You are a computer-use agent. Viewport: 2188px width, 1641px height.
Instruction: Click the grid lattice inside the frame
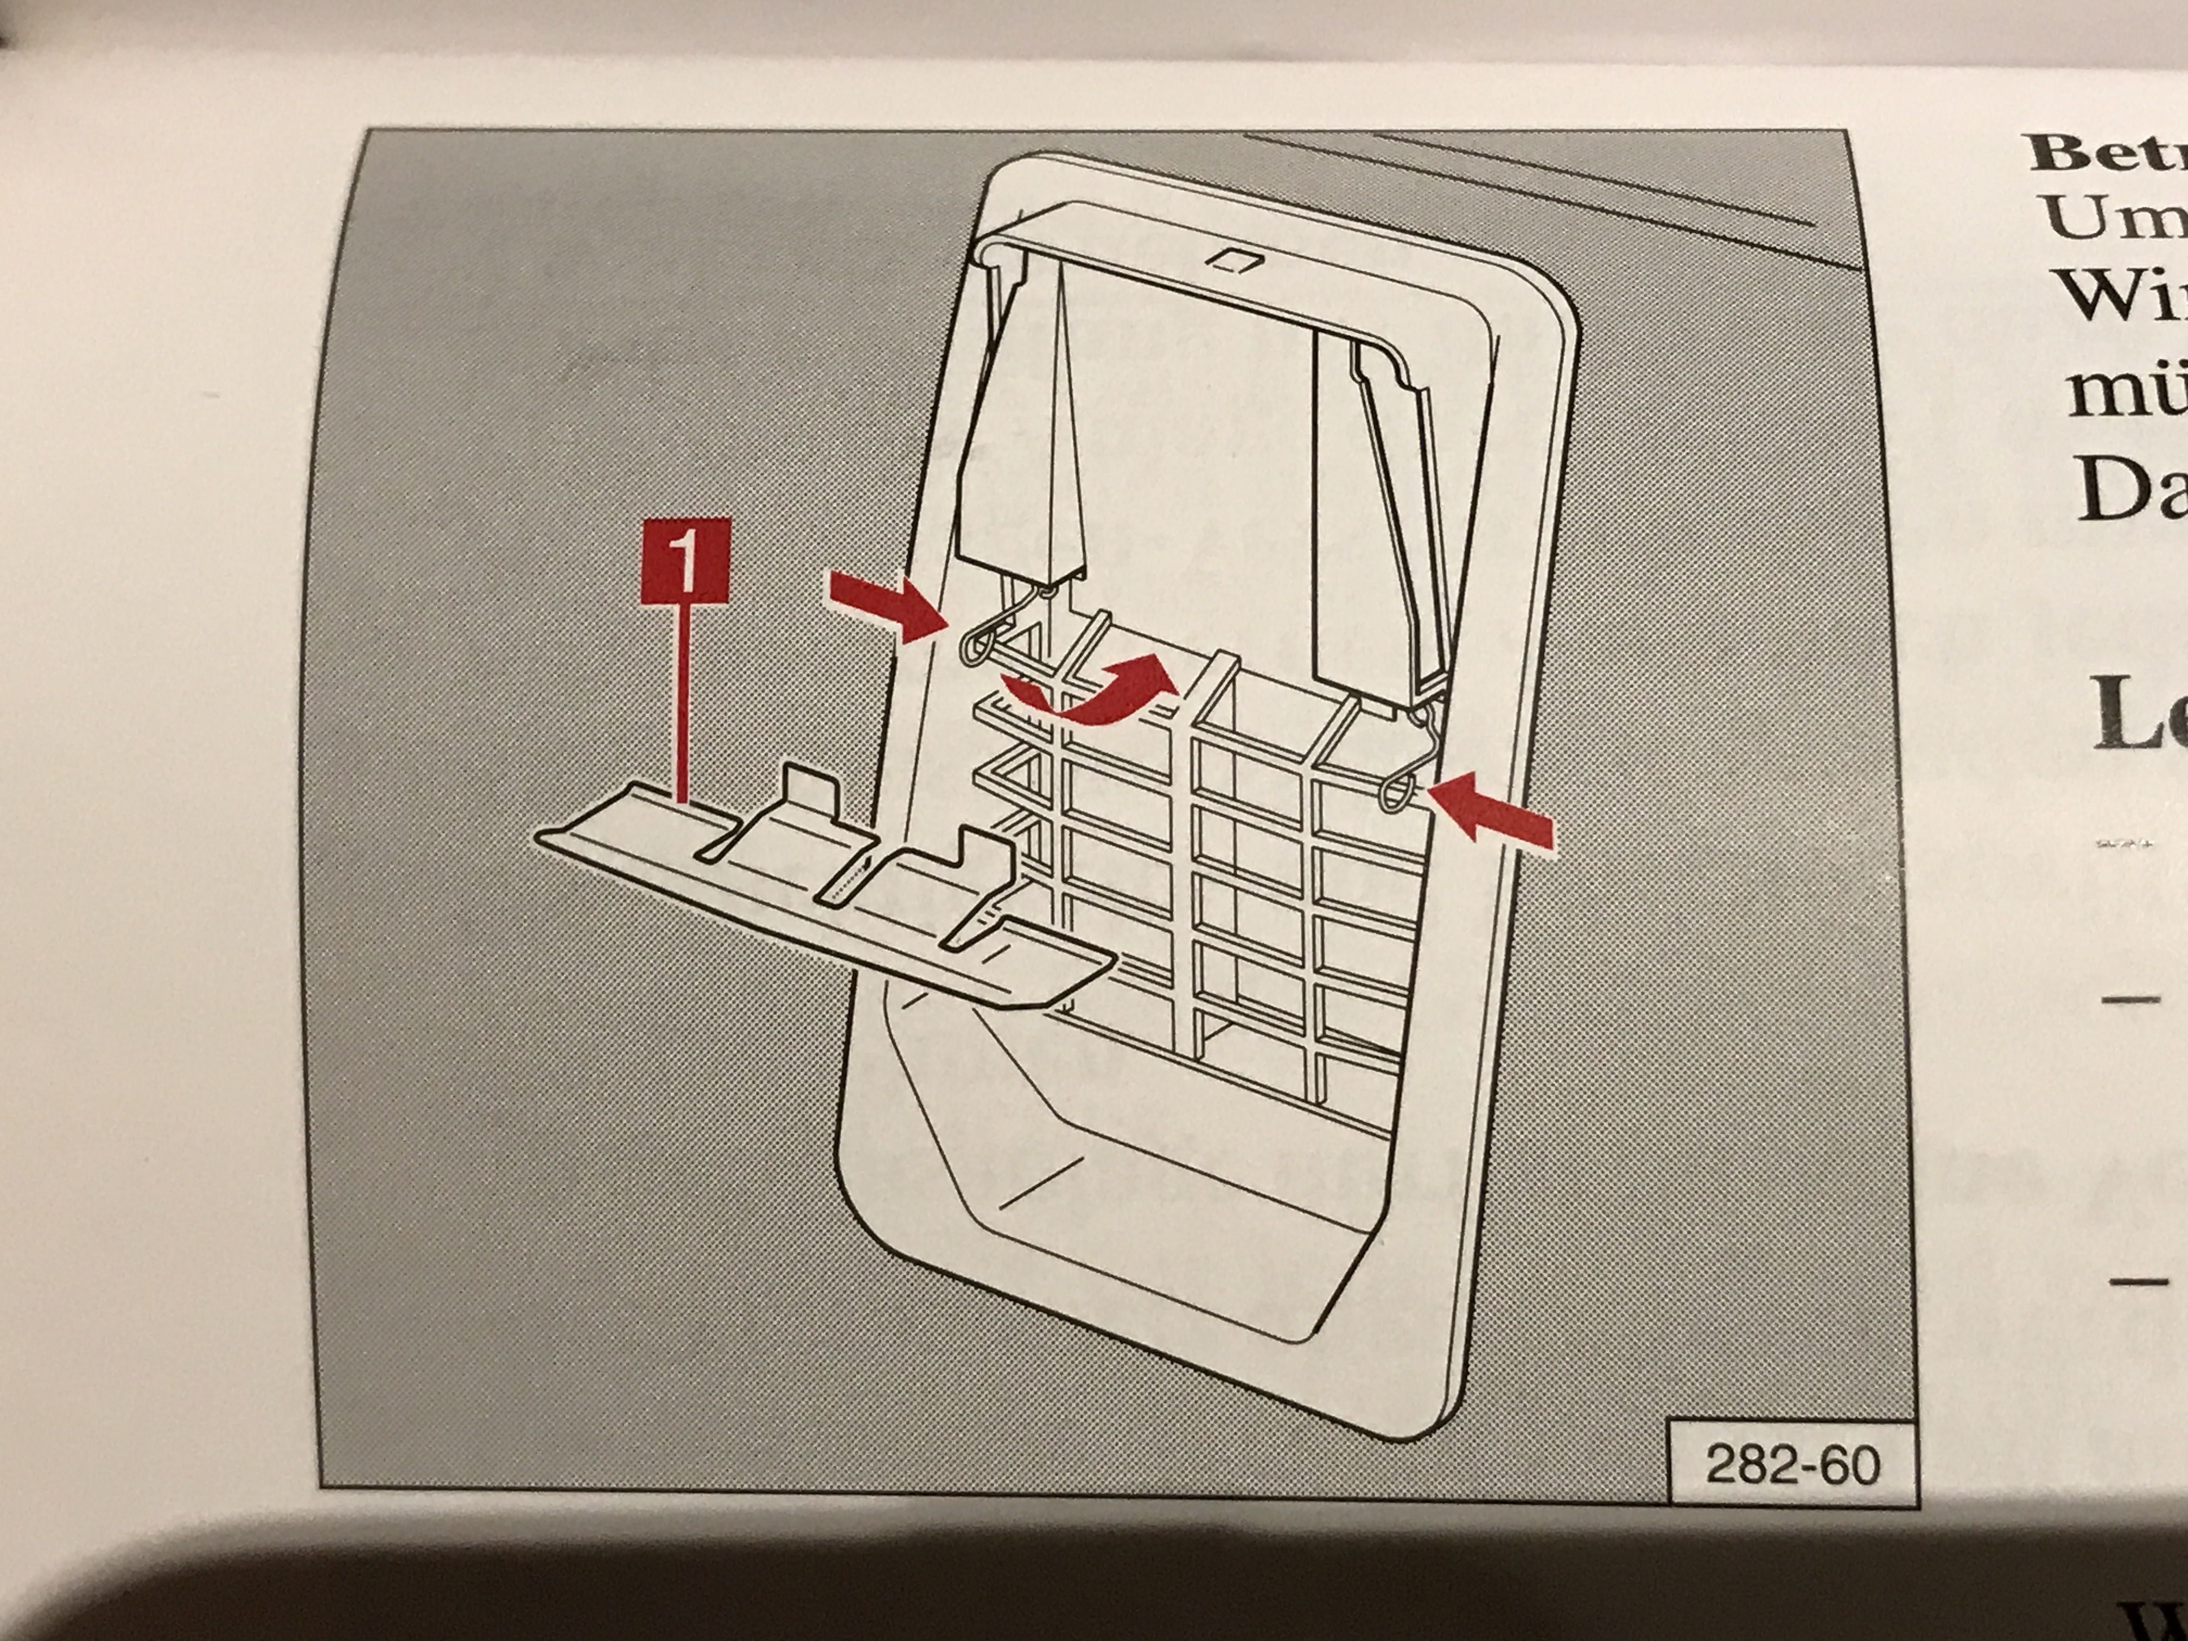[x=1197, y=870]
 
